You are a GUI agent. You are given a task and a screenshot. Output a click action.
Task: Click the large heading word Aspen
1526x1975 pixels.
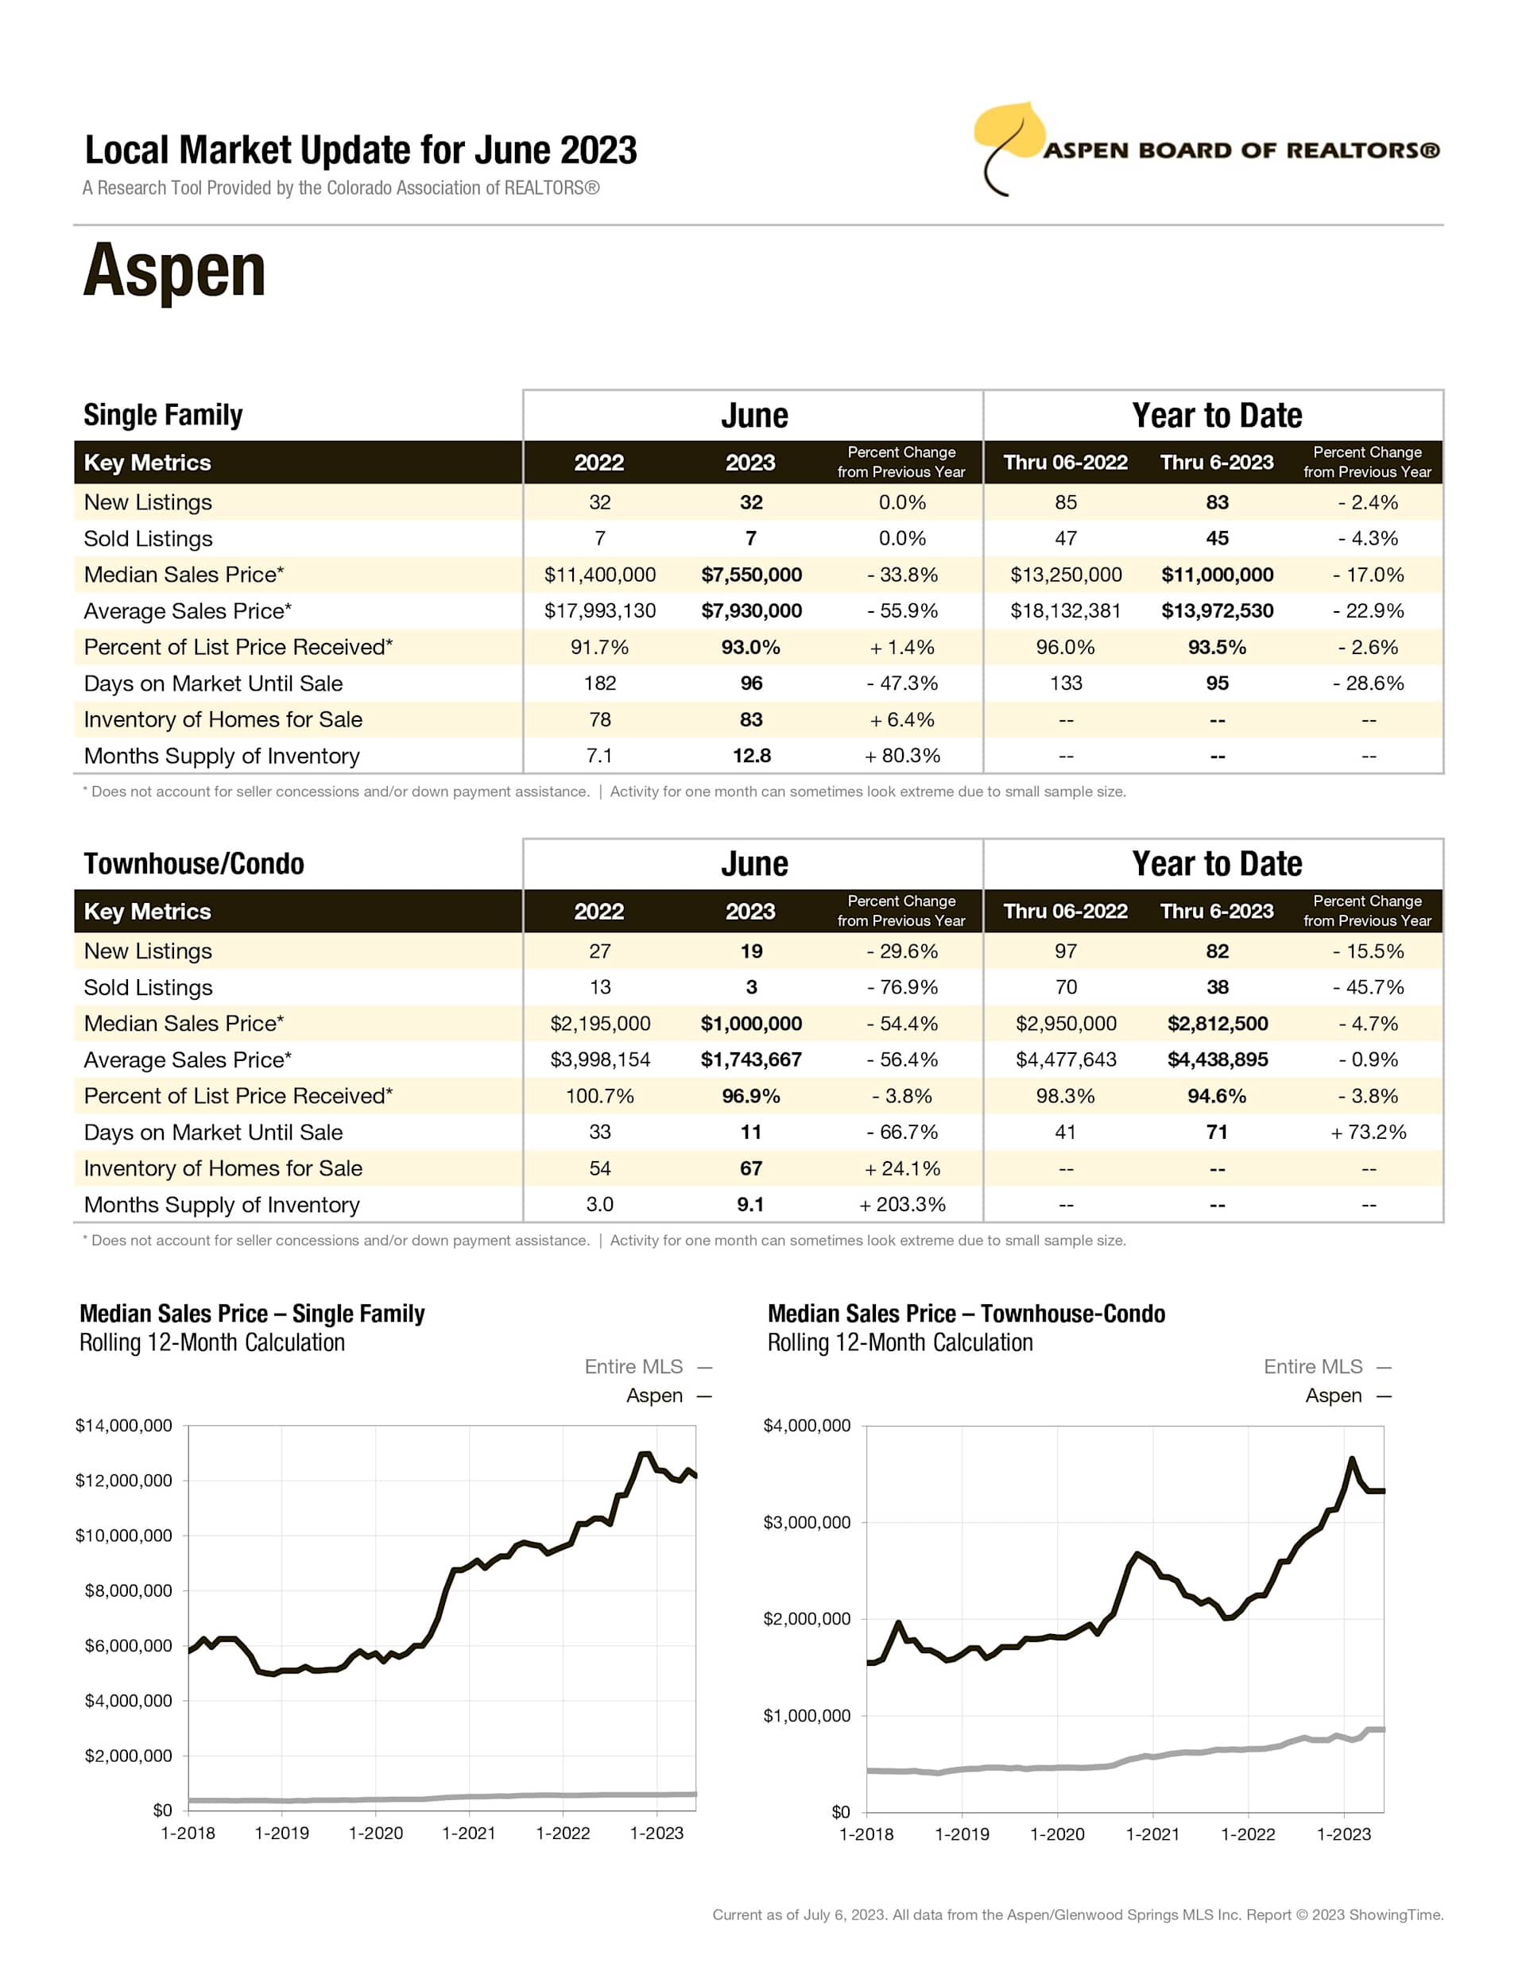175,270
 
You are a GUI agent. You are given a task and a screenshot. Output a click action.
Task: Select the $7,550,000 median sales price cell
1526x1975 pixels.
751,575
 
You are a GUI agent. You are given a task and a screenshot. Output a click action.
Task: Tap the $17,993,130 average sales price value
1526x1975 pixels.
600,611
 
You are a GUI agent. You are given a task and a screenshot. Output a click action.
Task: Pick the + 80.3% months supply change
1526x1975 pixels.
902,756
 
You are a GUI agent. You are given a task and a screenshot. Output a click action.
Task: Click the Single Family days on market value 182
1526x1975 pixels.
600,684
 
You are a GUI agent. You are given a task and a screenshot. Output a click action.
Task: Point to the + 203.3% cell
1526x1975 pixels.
902,1205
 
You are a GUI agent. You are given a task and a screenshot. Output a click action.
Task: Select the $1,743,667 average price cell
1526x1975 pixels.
751,1060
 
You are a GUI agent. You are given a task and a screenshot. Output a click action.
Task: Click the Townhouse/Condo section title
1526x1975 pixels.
194,864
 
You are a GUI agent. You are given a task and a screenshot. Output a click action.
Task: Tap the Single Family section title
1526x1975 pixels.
163,415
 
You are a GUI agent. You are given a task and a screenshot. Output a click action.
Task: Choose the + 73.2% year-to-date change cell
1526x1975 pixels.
1368,1133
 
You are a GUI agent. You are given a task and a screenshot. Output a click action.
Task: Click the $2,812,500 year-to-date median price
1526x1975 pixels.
1218,1024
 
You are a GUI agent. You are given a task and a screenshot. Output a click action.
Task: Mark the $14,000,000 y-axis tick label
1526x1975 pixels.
124,1426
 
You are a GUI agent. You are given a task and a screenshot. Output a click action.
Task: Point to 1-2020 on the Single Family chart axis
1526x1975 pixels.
375,1833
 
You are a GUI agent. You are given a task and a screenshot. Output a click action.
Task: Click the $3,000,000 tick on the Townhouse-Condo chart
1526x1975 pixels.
807,1523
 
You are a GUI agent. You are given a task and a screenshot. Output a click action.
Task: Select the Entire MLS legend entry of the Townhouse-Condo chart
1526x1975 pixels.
1314,1366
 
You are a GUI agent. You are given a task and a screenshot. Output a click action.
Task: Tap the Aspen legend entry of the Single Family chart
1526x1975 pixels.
655,1396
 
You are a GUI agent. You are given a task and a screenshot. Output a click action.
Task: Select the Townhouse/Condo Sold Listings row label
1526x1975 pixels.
149,987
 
